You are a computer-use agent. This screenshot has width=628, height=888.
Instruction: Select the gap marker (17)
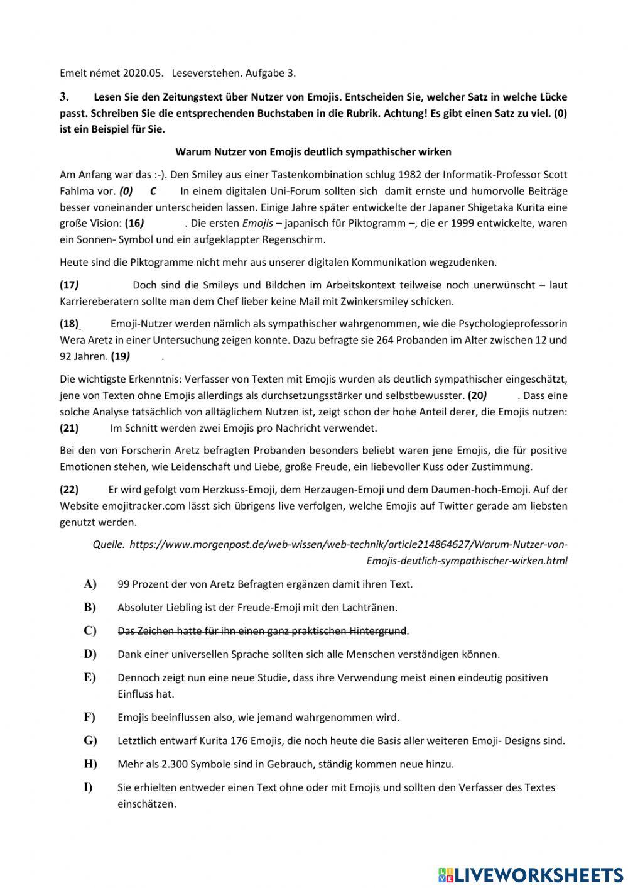[x=69, y=285]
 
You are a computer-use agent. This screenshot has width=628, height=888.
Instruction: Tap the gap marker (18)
[x=69, y=324]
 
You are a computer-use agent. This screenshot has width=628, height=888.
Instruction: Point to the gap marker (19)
[x=120, y=356]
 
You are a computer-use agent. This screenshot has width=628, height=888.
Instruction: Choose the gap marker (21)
[x=69, y=428]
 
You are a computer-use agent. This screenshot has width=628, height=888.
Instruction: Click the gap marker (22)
[x=69, y=489]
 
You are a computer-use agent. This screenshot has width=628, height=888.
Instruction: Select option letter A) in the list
[x=90, y=584]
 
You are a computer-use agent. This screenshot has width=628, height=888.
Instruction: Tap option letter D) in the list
[x=90, y=654]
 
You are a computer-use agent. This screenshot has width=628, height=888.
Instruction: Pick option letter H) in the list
[x=90, y=764]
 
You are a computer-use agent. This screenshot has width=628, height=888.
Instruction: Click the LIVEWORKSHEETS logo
[x=531, y=874]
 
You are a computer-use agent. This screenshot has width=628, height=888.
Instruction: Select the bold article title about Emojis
[x=313, y=151]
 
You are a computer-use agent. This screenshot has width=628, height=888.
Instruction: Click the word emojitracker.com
[x=109, y=505]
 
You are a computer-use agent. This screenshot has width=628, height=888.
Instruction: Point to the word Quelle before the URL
[x=108, y=544]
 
